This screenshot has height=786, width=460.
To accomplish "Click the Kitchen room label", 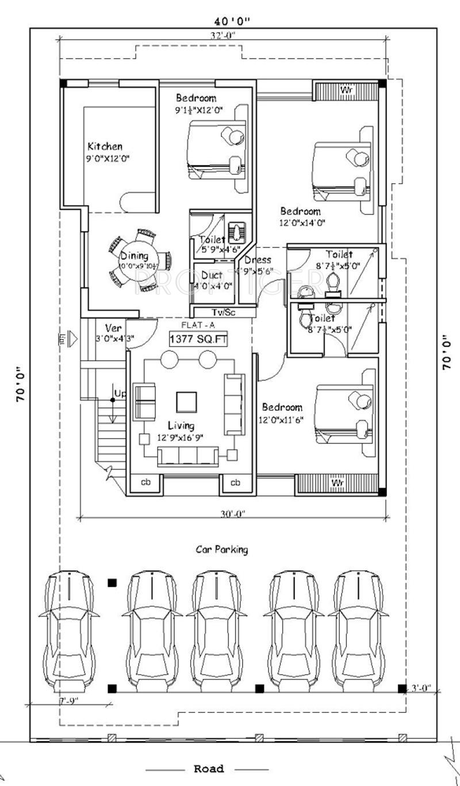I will (x=105, y=146).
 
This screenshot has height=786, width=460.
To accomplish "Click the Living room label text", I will (x=181, y=426).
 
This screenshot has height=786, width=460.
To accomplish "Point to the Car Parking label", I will (x=222, y=550).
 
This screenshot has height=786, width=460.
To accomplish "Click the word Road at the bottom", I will (x=208, y=769).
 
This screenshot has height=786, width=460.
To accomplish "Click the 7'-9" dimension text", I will (x=68, y=701).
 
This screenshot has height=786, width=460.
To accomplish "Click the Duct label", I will (x=212, y=276).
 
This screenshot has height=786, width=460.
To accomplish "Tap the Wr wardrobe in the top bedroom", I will (x=346, y=90).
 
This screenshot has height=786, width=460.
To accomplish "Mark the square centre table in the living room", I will (x=187, y=402).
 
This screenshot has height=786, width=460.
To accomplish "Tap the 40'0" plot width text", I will (x=232, y=22).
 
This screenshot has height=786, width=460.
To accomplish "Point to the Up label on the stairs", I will (x=120, y=394).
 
